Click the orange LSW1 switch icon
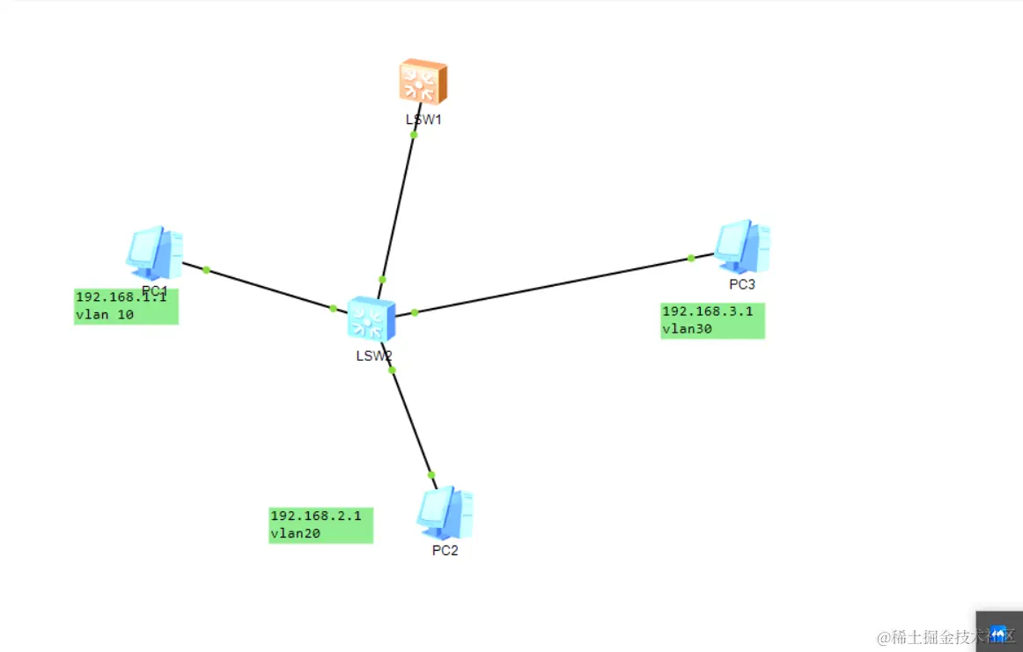423,83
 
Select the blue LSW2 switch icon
371,319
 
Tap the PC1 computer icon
154,252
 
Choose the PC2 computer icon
445,512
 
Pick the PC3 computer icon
742,245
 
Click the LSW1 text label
423,120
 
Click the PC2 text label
445,551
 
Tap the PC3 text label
742,284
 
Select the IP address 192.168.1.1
121,297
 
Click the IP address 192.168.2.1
316,516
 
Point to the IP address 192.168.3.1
707,311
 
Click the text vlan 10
105,314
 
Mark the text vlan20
295,532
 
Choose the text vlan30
687,329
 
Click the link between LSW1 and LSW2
398,207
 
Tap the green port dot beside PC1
206,269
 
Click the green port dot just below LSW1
414,135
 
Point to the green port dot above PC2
431,474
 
